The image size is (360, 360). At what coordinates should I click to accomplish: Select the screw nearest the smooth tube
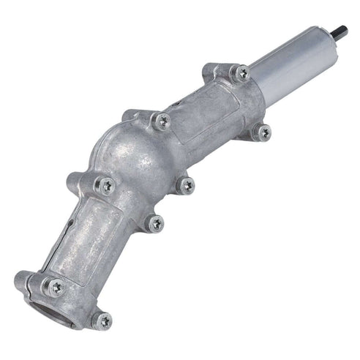coord(241,73)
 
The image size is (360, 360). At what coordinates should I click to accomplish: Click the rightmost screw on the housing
coord(263,132)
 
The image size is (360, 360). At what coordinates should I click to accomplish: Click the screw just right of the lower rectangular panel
coord(154,222)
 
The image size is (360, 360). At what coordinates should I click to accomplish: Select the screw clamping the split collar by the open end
coord(55,288)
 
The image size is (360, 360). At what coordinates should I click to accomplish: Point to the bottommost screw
coord(103,320)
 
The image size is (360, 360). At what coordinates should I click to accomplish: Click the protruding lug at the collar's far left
coord(21,278)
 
